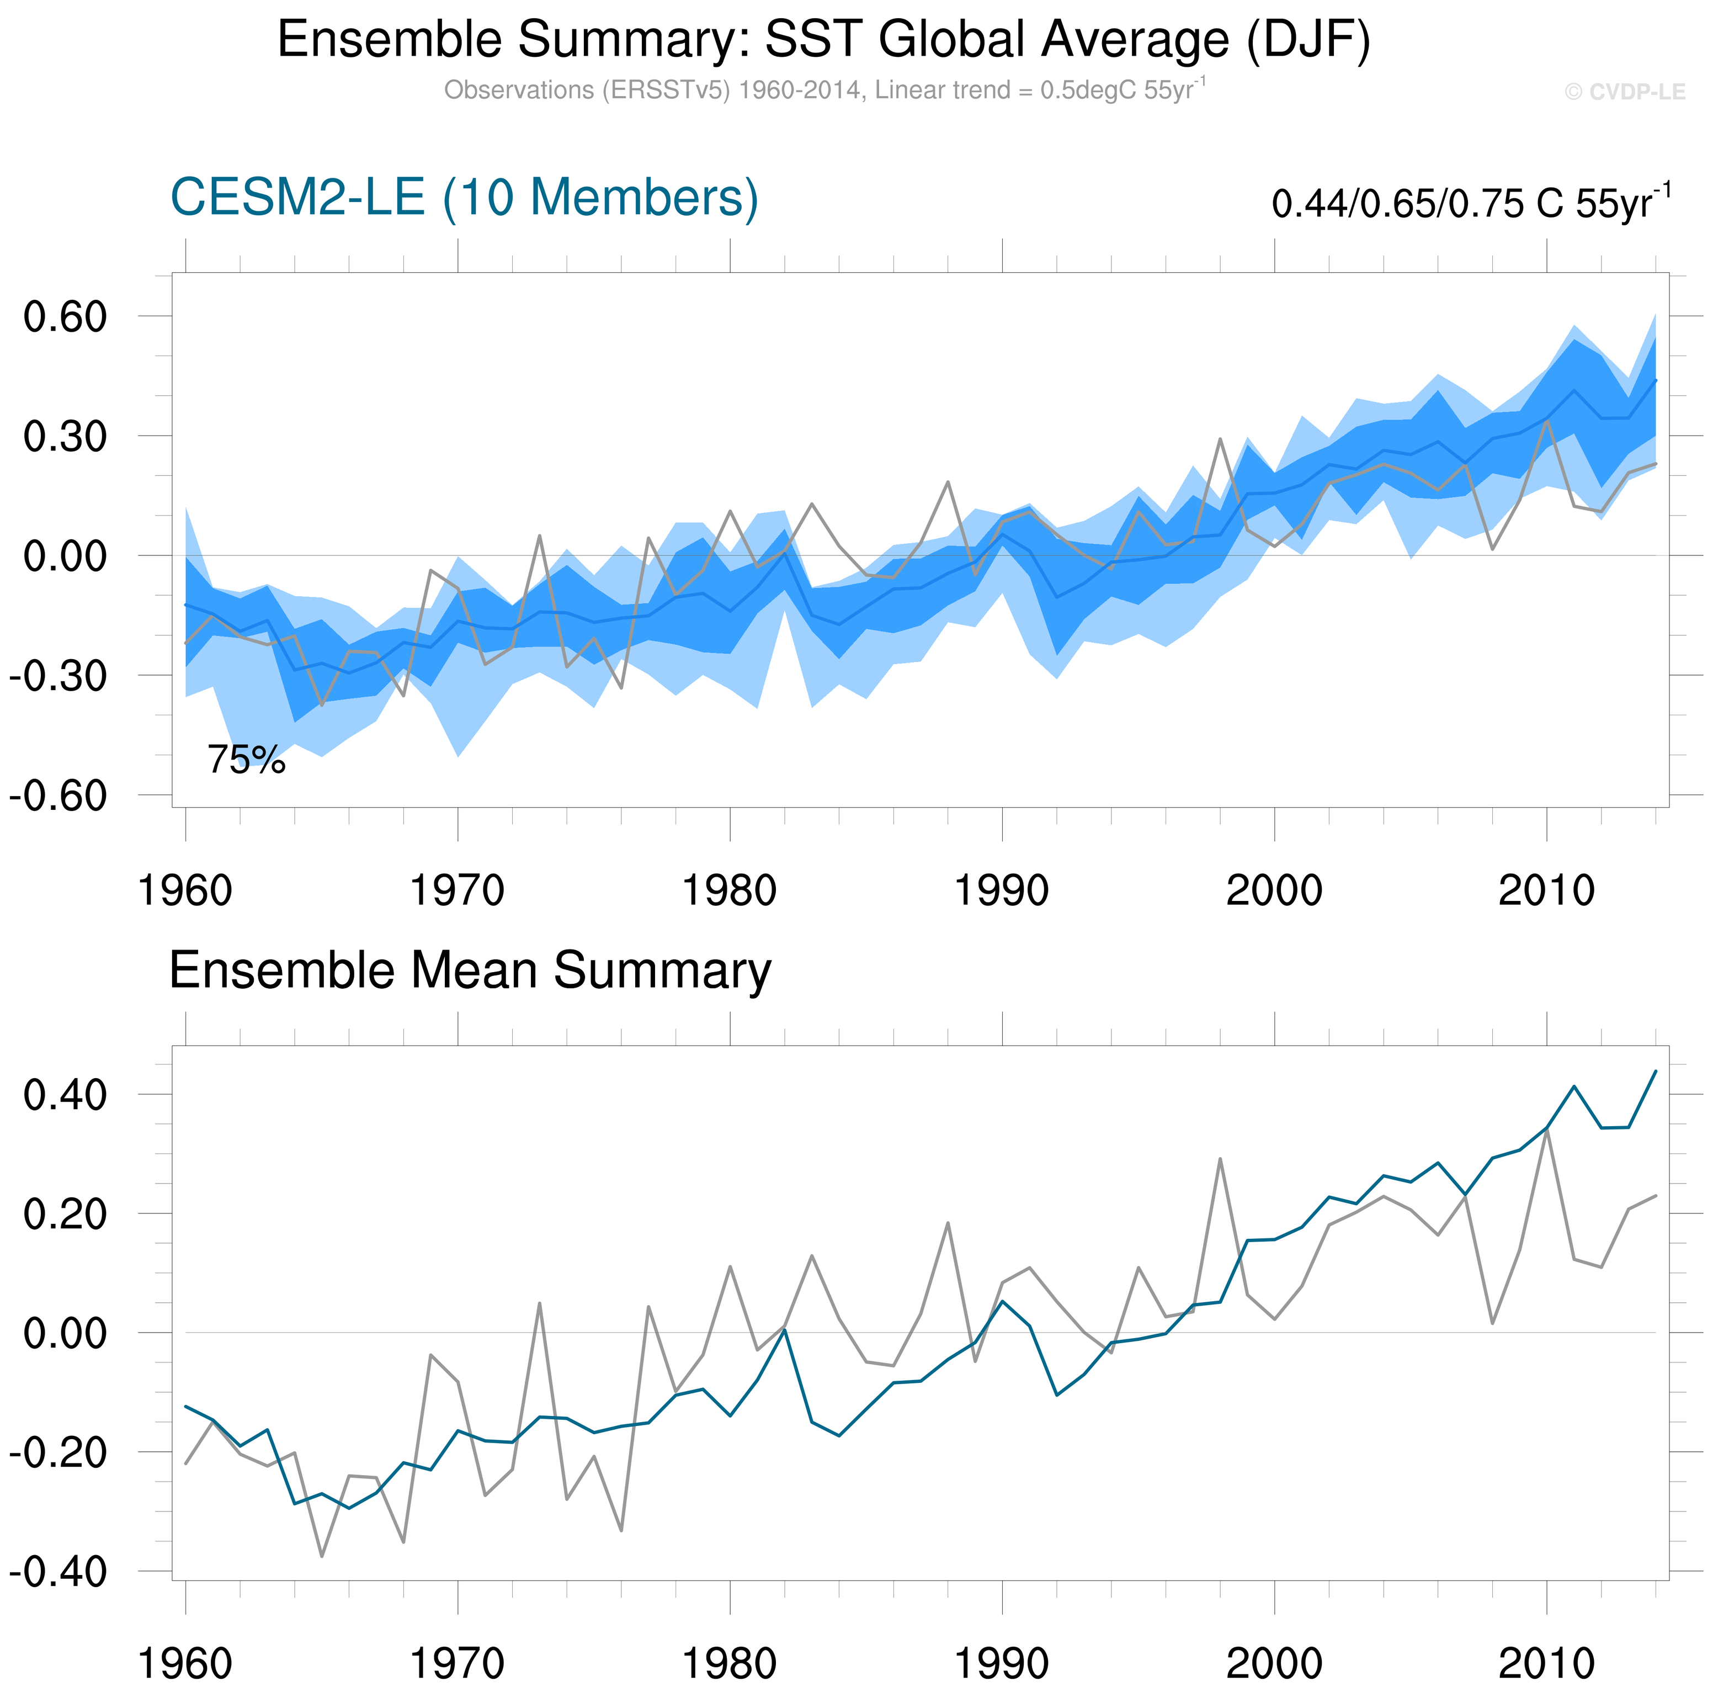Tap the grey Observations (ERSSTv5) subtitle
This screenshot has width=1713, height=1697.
pyautogui.click(x=824, y=91)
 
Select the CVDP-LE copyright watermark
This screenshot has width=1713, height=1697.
pyautogui.click(x=1624, y=92)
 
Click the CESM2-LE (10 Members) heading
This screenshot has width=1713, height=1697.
pyautogui.click(x=464, y=197)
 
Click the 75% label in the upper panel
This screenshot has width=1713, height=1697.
pyautogui.click(x=247, y=760)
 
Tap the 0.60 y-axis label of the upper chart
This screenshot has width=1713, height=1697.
pyautogui.click(x=65, y=317)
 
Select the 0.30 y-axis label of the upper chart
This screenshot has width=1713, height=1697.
pyautogui.click(x=65, y=437)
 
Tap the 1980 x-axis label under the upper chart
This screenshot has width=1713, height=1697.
pyautogui.click(x=729, y=890)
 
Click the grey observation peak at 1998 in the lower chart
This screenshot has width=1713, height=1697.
pyautogui.click(x=1220, y=1159)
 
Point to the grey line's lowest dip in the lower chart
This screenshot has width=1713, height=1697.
pyautogui.click(x=322, y=1557)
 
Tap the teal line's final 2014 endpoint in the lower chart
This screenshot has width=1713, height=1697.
pyautogui.click(x=1656, y=1072)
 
